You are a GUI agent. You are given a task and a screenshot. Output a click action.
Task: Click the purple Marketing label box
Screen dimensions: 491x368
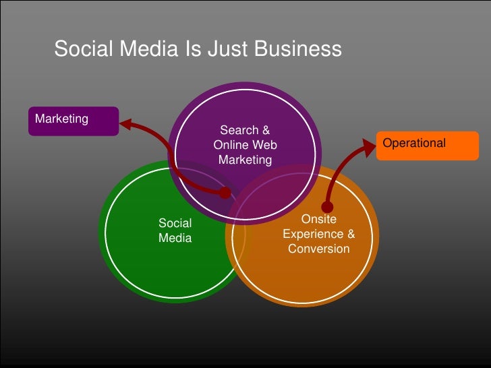coord(74,121)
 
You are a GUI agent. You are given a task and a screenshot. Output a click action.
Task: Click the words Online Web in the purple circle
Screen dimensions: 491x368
coord(245,145)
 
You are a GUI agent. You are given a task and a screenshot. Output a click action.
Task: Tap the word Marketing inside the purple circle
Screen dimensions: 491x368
coord(245,160)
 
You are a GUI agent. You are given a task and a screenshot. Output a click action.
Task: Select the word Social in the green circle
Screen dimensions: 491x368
coord(175,223)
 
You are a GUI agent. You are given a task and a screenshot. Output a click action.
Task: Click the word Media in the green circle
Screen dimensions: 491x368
coord(175,238)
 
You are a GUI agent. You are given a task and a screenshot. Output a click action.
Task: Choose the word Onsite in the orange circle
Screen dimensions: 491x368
coord(318,219)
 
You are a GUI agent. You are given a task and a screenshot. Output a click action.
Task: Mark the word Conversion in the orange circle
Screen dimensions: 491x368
coord(318,249)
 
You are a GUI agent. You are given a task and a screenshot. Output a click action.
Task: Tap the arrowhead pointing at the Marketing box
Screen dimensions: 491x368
coord(125,123)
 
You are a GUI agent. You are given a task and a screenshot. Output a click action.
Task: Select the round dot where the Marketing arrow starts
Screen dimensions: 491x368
coord(225,193)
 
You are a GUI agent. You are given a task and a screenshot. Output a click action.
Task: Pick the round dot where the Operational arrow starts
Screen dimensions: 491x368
coord(328,206)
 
